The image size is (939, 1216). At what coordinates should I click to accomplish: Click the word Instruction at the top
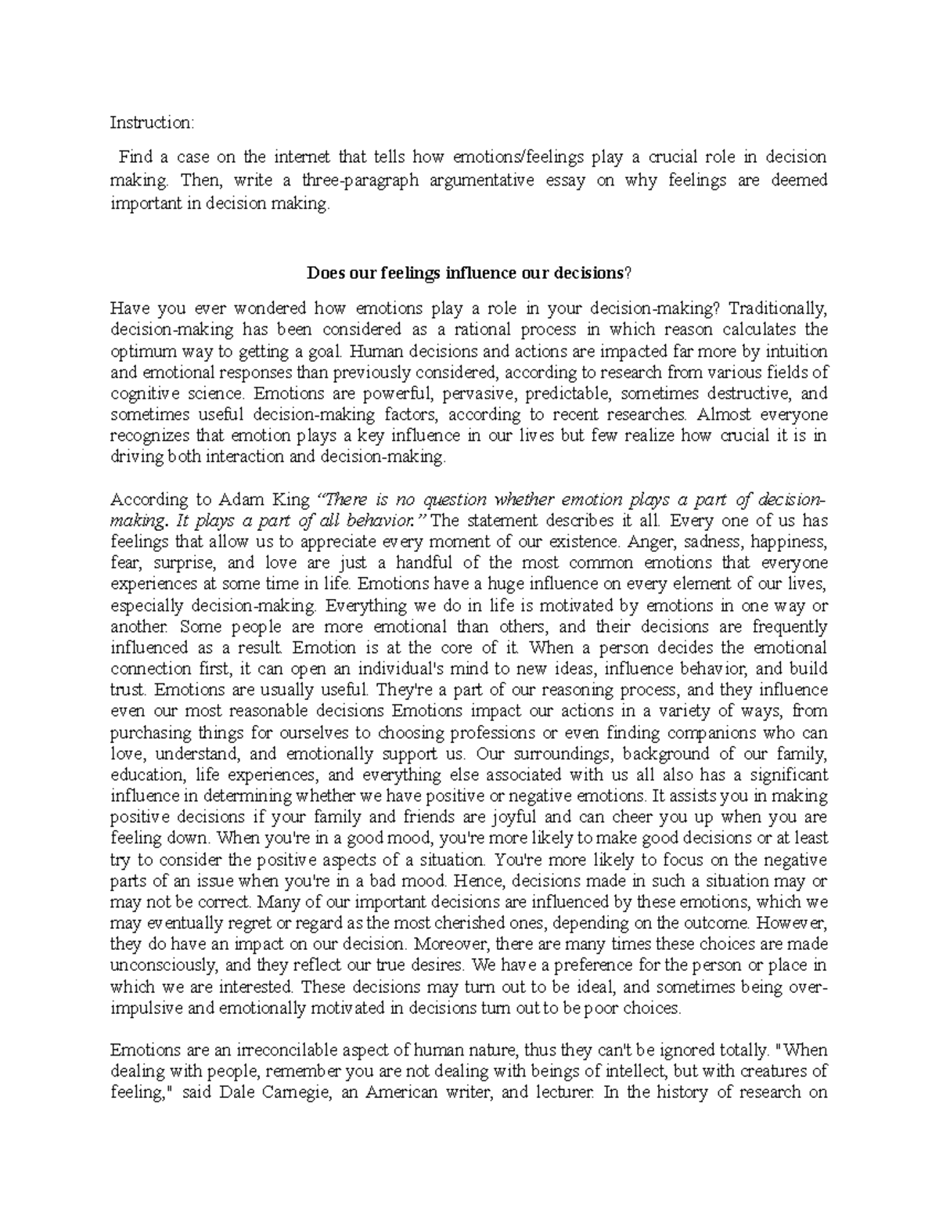click(150, 122)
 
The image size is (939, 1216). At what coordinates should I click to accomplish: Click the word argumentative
click(484, 181)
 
